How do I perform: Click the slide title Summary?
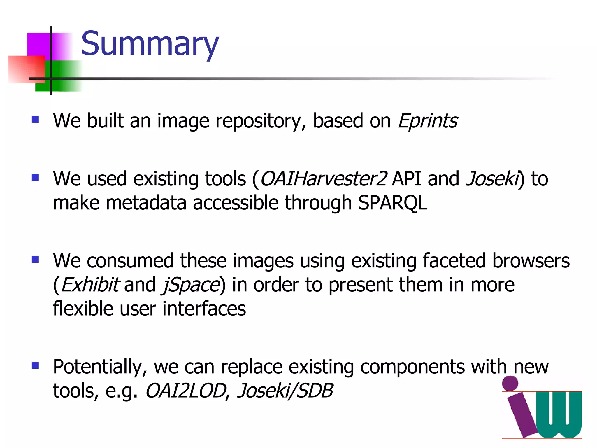(x=150, y=44)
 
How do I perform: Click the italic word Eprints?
(x=428, y=121)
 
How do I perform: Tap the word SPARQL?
(x=392, y=203)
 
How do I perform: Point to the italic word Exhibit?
(x=90, y=285)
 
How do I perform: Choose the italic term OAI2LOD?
(x=186, y=391)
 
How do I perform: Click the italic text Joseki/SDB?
(x=285, y=391)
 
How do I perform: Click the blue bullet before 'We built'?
(x=35, y=119)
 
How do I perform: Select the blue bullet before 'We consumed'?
(x=35, y=259)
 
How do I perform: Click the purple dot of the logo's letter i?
(x=510, y=383)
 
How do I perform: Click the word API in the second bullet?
(x=406, y=179)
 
